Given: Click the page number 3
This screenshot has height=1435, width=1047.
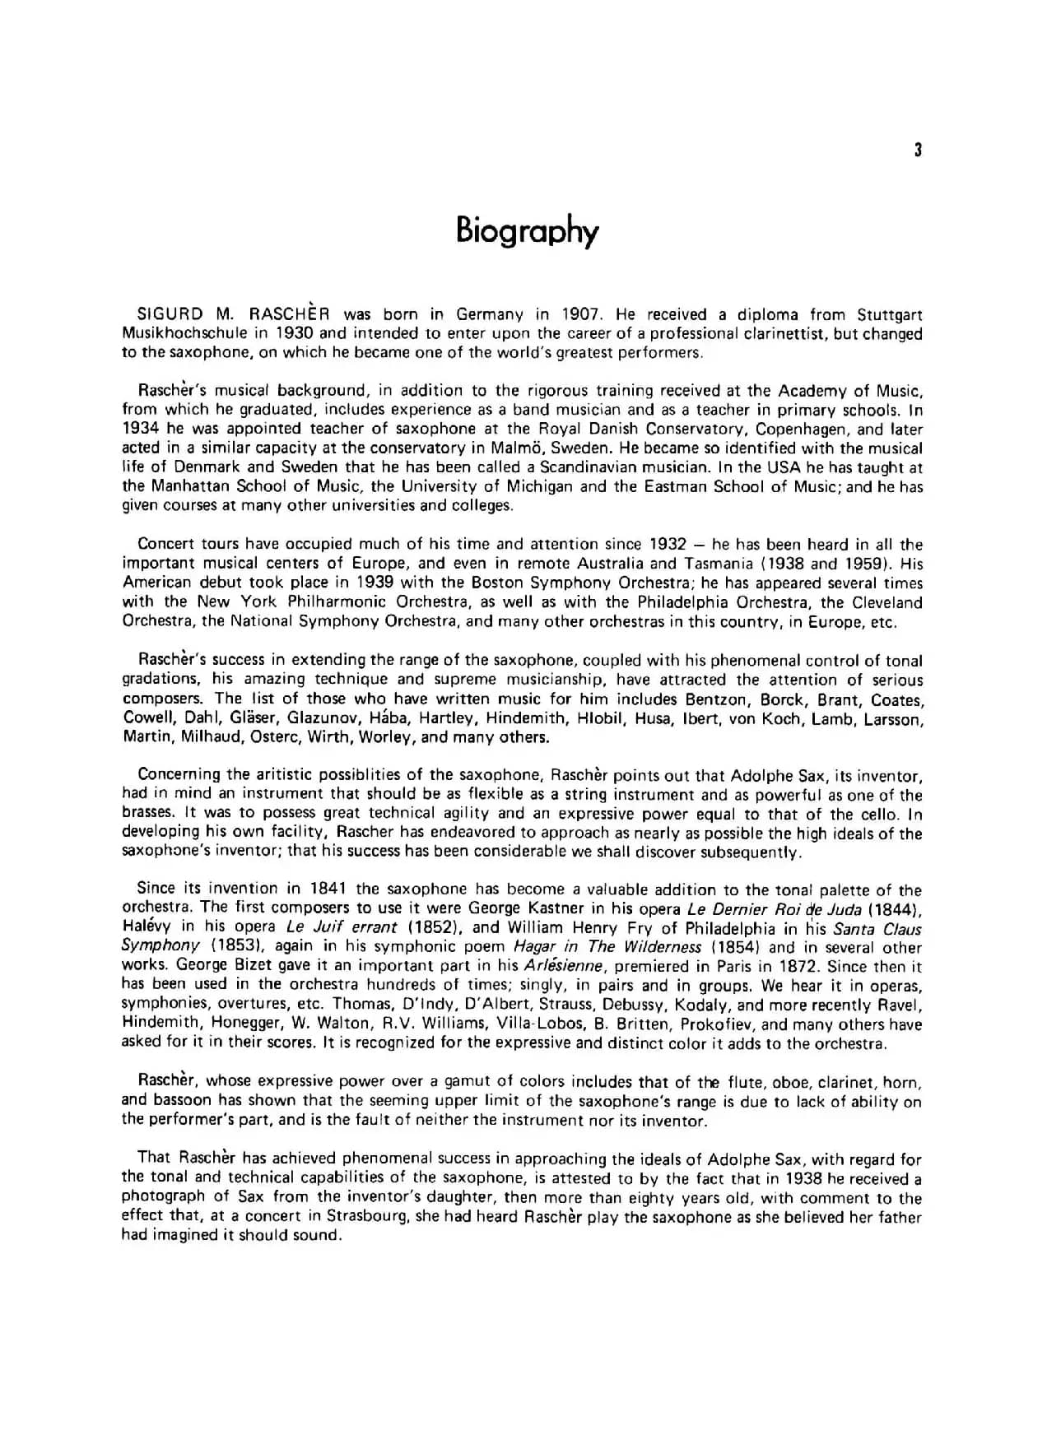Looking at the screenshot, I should pos(918,150).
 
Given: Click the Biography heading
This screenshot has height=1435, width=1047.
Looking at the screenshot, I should pos(527,231).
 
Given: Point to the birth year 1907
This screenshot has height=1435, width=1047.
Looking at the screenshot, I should pos(583,314).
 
